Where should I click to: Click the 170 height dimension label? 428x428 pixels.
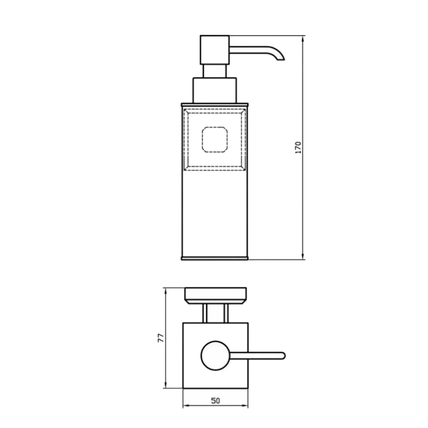pyautogui.click(x=299, y=147)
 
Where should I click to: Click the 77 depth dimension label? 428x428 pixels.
pyautogui.click(x=161, y=338)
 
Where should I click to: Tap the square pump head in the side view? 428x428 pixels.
pyautogui.click(x=214, y=50)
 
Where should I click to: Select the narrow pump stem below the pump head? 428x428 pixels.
pyautogui.click(x=215, y=71)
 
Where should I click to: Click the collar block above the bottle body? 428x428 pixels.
pyautogui.click(x=214, y=90)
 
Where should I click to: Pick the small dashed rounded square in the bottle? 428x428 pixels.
pyautogui.click(x=214, y=140)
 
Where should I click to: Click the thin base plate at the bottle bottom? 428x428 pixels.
pyautogui.click(x=215, y=258)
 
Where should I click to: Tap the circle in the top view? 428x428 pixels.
pyautogui.click(x=216, y=356)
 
